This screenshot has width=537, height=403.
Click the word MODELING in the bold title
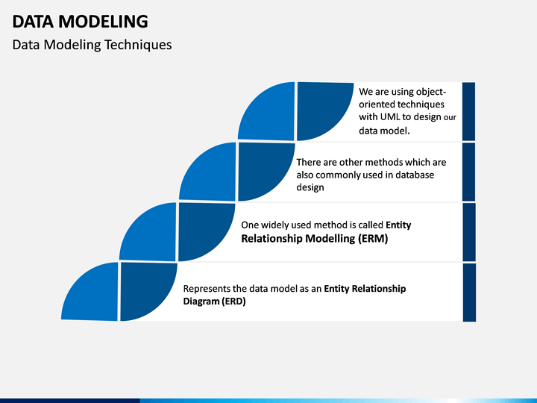point(103,22)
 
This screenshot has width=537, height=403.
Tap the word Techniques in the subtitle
point(138,45)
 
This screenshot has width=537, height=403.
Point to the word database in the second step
point(415,175)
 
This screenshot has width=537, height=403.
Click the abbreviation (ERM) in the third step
point(373,238)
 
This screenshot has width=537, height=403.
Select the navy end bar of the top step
point(469,111)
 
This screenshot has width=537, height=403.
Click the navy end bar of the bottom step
point(469,293)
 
